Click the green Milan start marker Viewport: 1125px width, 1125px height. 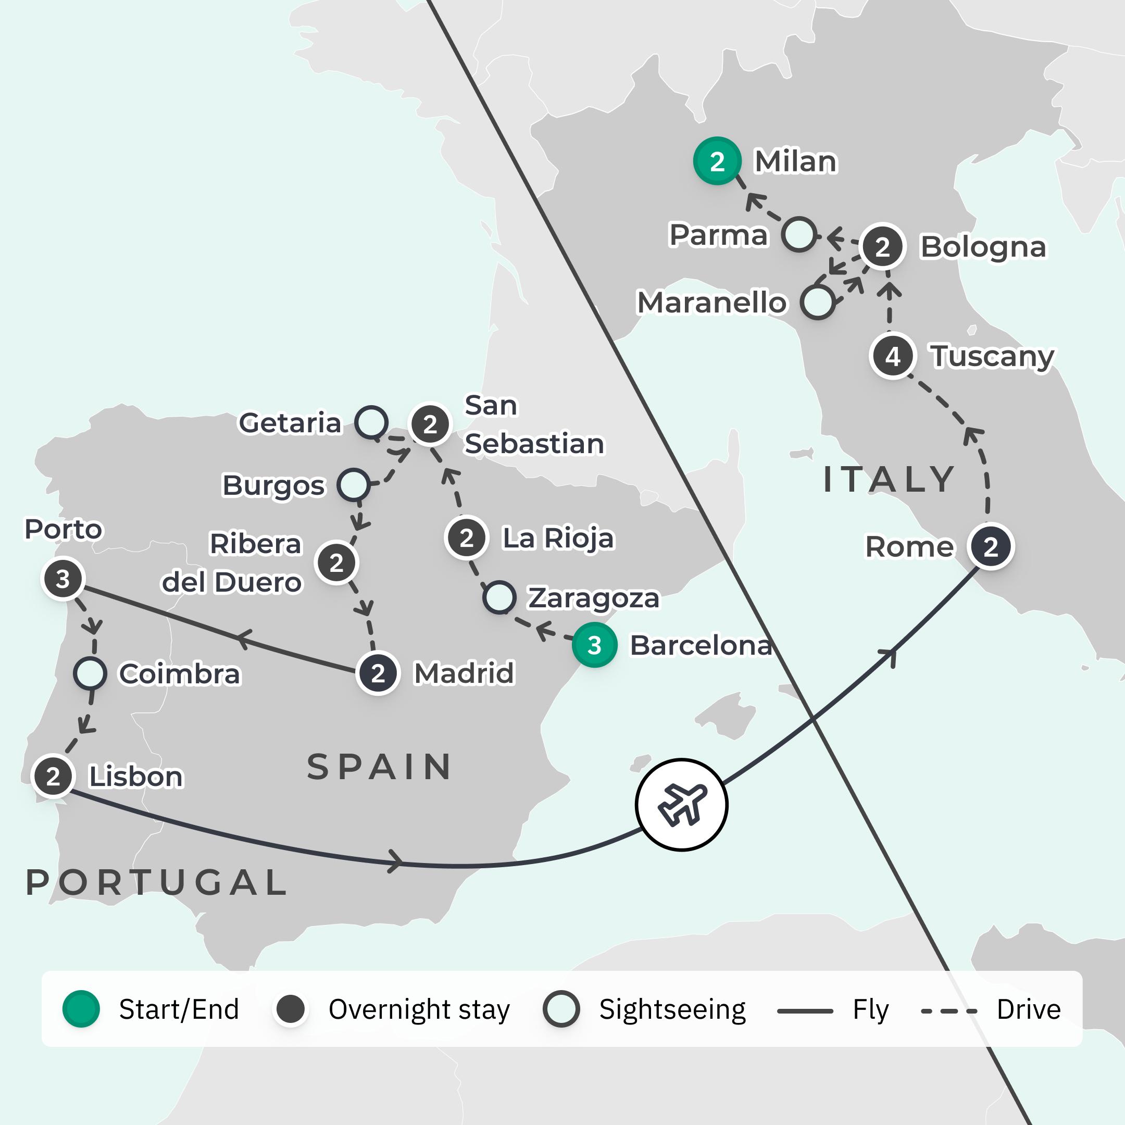[717, 161]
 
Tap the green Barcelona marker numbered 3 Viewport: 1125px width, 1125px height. [594, 645]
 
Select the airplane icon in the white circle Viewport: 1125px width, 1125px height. [681, 805]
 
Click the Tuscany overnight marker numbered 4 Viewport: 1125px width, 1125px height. [893, 356]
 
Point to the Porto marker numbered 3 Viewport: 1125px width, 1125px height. [63, 578]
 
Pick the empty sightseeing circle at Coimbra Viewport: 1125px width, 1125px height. [90, 673]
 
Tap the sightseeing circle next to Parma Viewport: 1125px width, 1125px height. [799, 235]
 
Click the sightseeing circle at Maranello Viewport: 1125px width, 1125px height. [818, 302]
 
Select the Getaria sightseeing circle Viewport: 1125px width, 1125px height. [371, 422]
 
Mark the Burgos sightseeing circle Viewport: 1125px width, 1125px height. [354, 484]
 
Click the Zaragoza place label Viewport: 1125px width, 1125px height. [593, 598]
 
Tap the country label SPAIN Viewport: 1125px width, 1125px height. [379, 767]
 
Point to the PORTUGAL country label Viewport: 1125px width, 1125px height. [156, 882]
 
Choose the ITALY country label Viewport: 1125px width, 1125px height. [889, 479]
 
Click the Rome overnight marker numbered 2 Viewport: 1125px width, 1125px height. [991, 546]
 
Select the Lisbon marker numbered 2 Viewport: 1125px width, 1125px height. [53, 776]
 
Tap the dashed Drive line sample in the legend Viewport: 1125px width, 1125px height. [948, 1011]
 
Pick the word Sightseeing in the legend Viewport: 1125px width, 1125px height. [672, 1010]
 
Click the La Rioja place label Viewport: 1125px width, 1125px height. [558, 538]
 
